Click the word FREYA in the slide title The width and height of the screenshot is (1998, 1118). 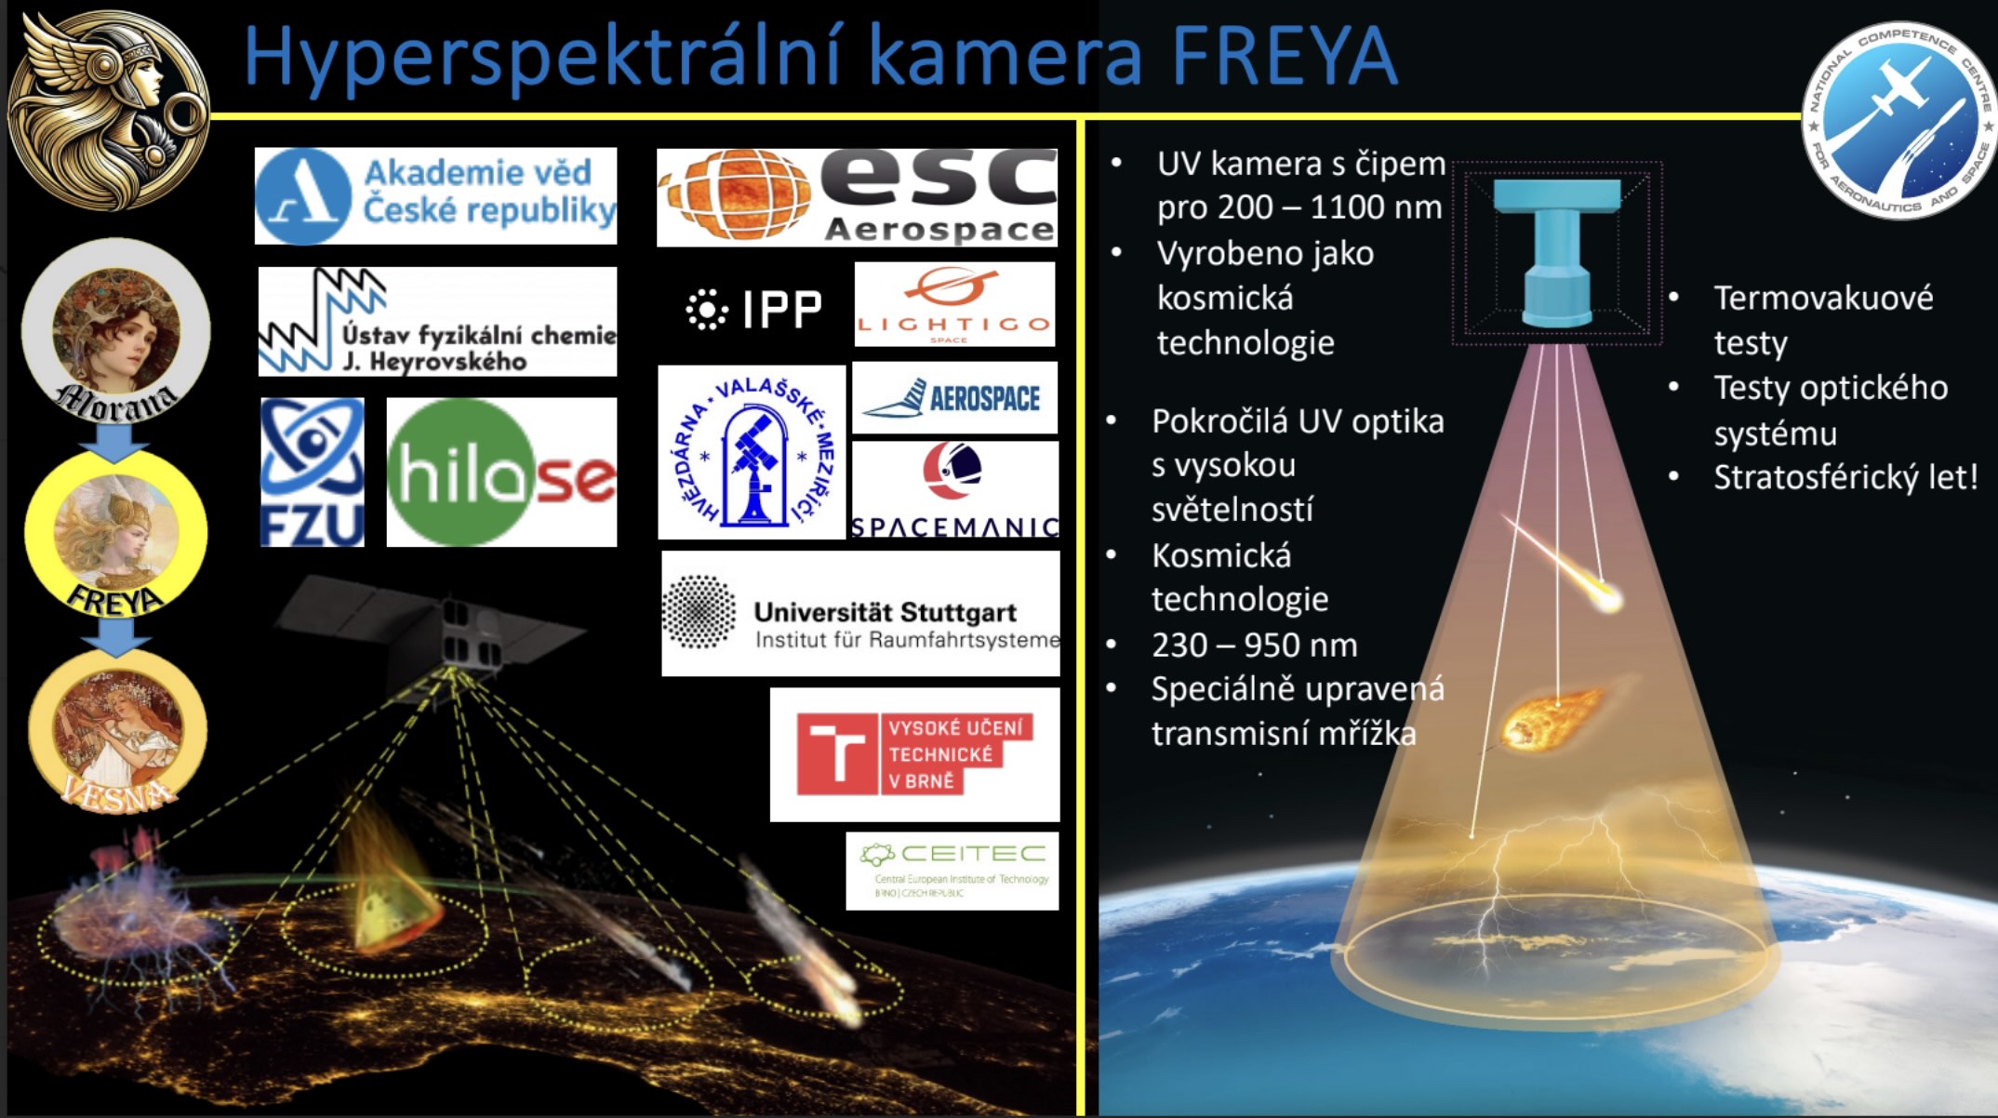click(1284, 58)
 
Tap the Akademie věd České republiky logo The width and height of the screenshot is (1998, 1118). click(435, 195)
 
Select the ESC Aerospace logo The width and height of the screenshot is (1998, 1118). click(857, 196)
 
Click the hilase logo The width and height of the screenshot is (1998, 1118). click(501, 472)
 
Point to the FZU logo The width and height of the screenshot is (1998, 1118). click(312, 472)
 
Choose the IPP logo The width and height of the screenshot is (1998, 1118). click(754, 310)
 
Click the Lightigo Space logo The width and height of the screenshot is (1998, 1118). click(954, 304)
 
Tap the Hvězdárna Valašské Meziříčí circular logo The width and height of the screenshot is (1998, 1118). click(752, 452)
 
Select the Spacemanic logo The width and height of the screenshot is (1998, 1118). click(955, 490)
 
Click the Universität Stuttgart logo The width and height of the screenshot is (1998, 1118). click(860, 614)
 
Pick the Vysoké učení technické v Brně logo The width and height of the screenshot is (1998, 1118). click(914, 754)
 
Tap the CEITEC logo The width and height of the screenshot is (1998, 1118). click(952, 871)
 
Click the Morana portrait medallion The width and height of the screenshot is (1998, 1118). click(116, 331)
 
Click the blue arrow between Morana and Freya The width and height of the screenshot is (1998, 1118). click(114, 442)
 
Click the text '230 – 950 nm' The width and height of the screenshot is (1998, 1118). click(1254, 645)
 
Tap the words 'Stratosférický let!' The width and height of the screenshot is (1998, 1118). click(1845, 477)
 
